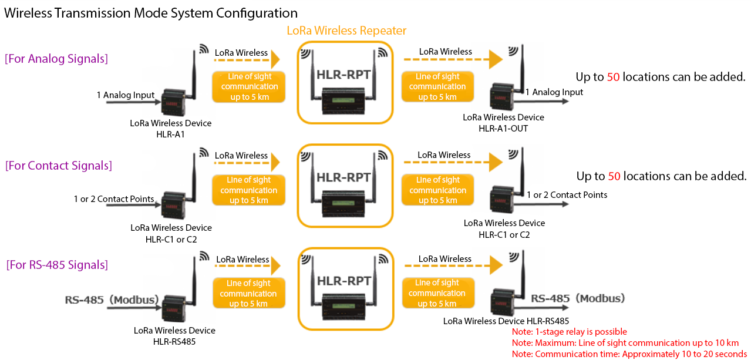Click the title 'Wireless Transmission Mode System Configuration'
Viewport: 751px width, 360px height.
(151, 13)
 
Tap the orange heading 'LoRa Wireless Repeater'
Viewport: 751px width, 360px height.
(346, 31)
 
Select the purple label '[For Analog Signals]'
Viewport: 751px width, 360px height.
(56, 59)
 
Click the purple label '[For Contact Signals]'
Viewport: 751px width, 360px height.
(59, 166)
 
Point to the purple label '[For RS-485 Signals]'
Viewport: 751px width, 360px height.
(58, 265)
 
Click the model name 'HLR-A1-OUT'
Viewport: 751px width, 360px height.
(503, 128)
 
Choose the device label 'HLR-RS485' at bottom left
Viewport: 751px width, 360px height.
(174, 341)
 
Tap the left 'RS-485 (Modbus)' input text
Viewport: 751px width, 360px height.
(112, 300)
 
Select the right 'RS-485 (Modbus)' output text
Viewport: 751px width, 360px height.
(578, 298)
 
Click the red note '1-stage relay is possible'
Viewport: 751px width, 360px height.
(570, 332)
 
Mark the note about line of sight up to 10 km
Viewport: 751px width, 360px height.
(625, 343)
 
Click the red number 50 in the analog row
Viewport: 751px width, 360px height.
(614, 77)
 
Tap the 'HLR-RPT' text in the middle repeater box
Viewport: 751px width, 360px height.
(343, 177)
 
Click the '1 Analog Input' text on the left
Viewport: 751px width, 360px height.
(126, 95)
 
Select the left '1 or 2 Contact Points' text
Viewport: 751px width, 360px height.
(114, 199)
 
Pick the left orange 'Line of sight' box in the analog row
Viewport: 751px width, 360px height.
(248, 87)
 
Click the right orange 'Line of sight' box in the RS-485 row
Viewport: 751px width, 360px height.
(437, 294)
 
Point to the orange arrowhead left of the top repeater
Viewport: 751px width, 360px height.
(274, 59)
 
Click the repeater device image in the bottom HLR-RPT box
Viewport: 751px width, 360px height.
(345, 305)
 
